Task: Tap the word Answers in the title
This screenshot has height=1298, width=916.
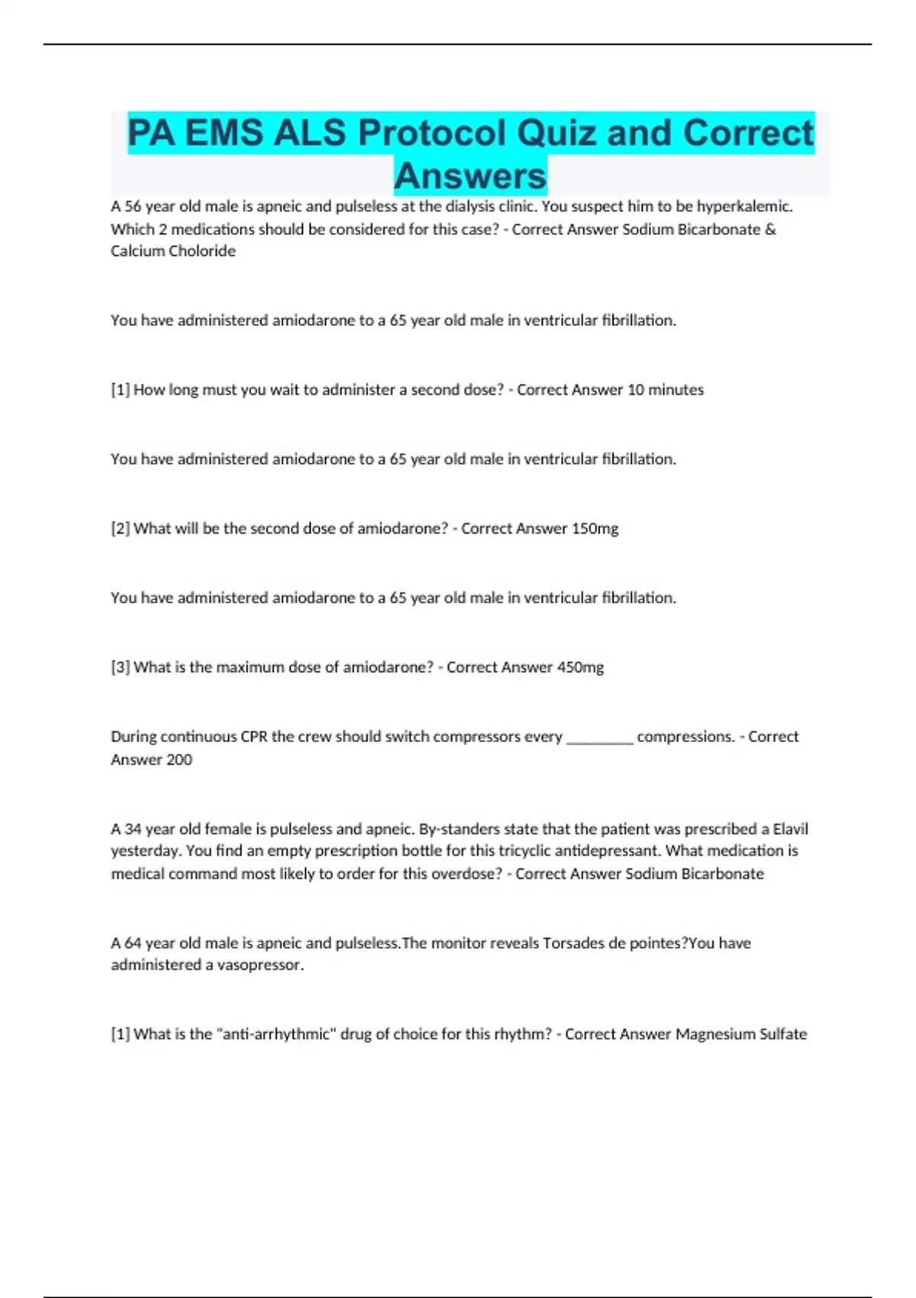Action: tap(470, 176)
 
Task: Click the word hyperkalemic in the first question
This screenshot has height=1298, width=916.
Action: tap(744, 206)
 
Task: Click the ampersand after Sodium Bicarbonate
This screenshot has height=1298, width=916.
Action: tap(770, 229)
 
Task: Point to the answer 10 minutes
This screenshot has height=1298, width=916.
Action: tap(665, 389)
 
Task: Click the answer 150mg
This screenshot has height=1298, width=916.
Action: tap(595, 528)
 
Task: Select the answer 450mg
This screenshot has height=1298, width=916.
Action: tap(580, 667)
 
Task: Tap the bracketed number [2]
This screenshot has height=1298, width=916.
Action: tap(121, 528)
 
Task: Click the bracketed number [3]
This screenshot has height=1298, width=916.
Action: tap(121, 667)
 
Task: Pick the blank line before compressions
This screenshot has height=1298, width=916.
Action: tap(600, 738)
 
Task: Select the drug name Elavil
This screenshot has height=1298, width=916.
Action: tap(790, 829)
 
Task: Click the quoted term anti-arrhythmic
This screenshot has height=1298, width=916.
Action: tap(276, 1034)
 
